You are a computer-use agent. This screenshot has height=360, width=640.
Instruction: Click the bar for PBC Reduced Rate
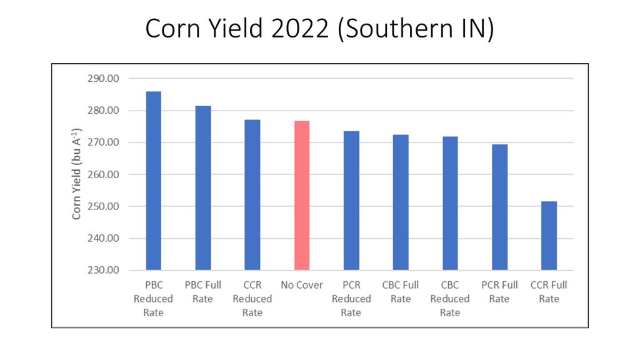pos(153,181)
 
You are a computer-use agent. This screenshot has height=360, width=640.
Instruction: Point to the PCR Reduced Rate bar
pos(351,200)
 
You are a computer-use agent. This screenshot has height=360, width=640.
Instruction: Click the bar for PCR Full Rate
pos(499,207)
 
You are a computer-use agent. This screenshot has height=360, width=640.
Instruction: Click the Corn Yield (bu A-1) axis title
pos(77,174)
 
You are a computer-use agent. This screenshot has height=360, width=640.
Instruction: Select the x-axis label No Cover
pos(302,285)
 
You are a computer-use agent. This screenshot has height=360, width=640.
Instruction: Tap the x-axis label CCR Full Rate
pos(549,292)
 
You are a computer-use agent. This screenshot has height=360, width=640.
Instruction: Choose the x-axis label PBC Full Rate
pos(203,292)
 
